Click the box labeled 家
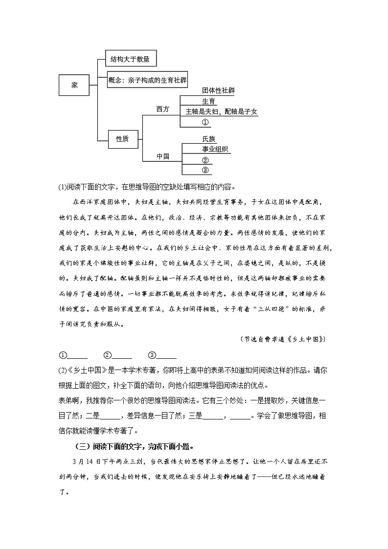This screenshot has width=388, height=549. [x=74, y=85]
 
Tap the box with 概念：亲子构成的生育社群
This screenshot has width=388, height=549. [x=148, y=79]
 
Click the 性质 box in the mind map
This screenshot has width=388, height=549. [x=122, y=139]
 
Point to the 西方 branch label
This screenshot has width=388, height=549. [x=163, y=109]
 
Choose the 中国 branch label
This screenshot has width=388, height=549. [x=163, y=156]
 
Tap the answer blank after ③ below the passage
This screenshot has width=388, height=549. [x=166, y=355]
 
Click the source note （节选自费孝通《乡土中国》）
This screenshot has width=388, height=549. [x=283, y=339]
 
